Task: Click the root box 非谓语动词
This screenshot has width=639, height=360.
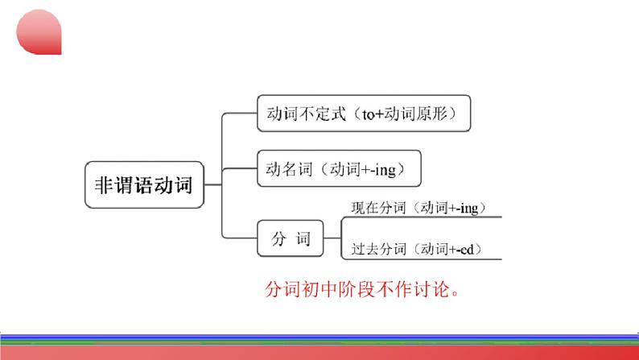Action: click(144, 184)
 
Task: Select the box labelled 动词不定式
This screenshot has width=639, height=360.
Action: click(364, 114)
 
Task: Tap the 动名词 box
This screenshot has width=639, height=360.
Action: click(339, 168)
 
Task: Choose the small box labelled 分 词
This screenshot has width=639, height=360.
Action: click(291, 238)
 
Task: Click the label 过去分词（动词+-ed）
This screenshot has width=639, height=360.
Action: click(417, 249)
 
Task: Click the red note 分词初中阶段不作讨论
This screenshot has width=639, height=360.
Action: click(362, 289)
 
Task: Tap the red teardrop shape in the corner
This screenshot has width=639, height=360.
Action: click(39, 32)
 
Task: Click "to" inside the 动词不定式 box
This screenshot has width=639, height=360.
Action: click(368, 114)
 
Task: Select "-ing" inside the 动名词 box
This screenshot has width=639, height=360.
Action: click(383, 170)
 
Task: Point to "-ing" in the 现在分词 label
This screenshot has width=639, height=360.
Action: click(468, 209)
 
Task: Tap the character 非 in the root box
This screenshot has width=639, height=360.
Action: click(104, 185)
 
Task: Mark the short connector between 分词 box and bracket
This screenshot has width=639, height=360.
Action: click(332, 238)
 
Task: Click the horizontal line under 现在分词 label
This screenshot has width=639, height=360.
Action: click(422, 217)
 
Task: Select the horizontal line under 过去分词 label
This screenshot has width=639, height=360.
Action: click(422, 259)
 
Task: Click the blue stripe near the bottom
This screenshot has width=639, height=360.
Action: click(319, 337)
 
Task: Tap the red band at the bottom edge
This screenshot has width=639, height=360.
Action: click(319, 353)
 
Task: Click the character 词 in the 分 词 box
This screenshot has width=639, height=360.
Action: click(303, 239)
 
